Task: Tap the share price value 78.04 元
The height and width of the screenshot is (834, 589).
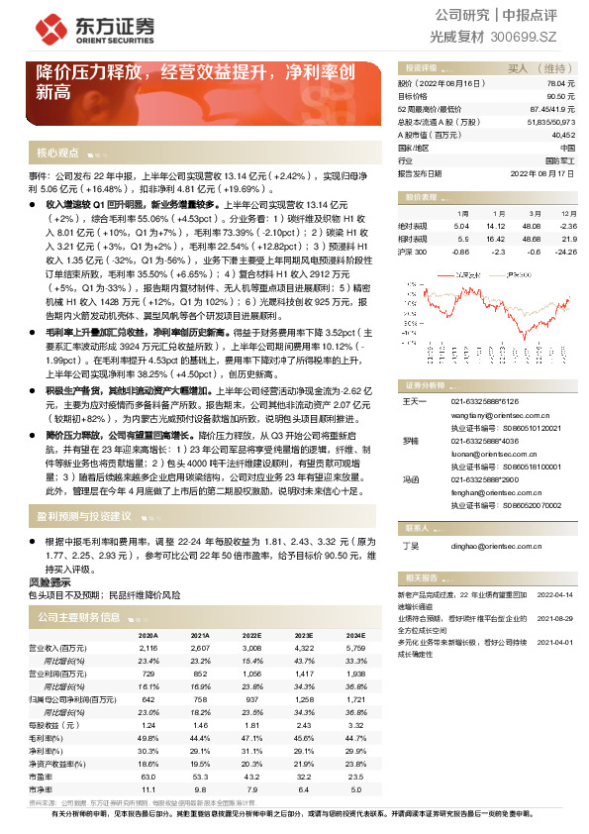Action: click(x=561, y=86)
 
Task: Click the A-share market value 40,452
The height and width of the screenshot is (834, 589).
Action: click(x=562, y=133)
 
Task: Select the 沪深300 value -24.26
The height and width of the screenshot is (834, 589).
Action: click(x=565, y=252)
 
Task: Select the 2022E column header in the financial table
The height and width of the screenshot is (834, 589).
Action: click(x=250, y=635)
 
